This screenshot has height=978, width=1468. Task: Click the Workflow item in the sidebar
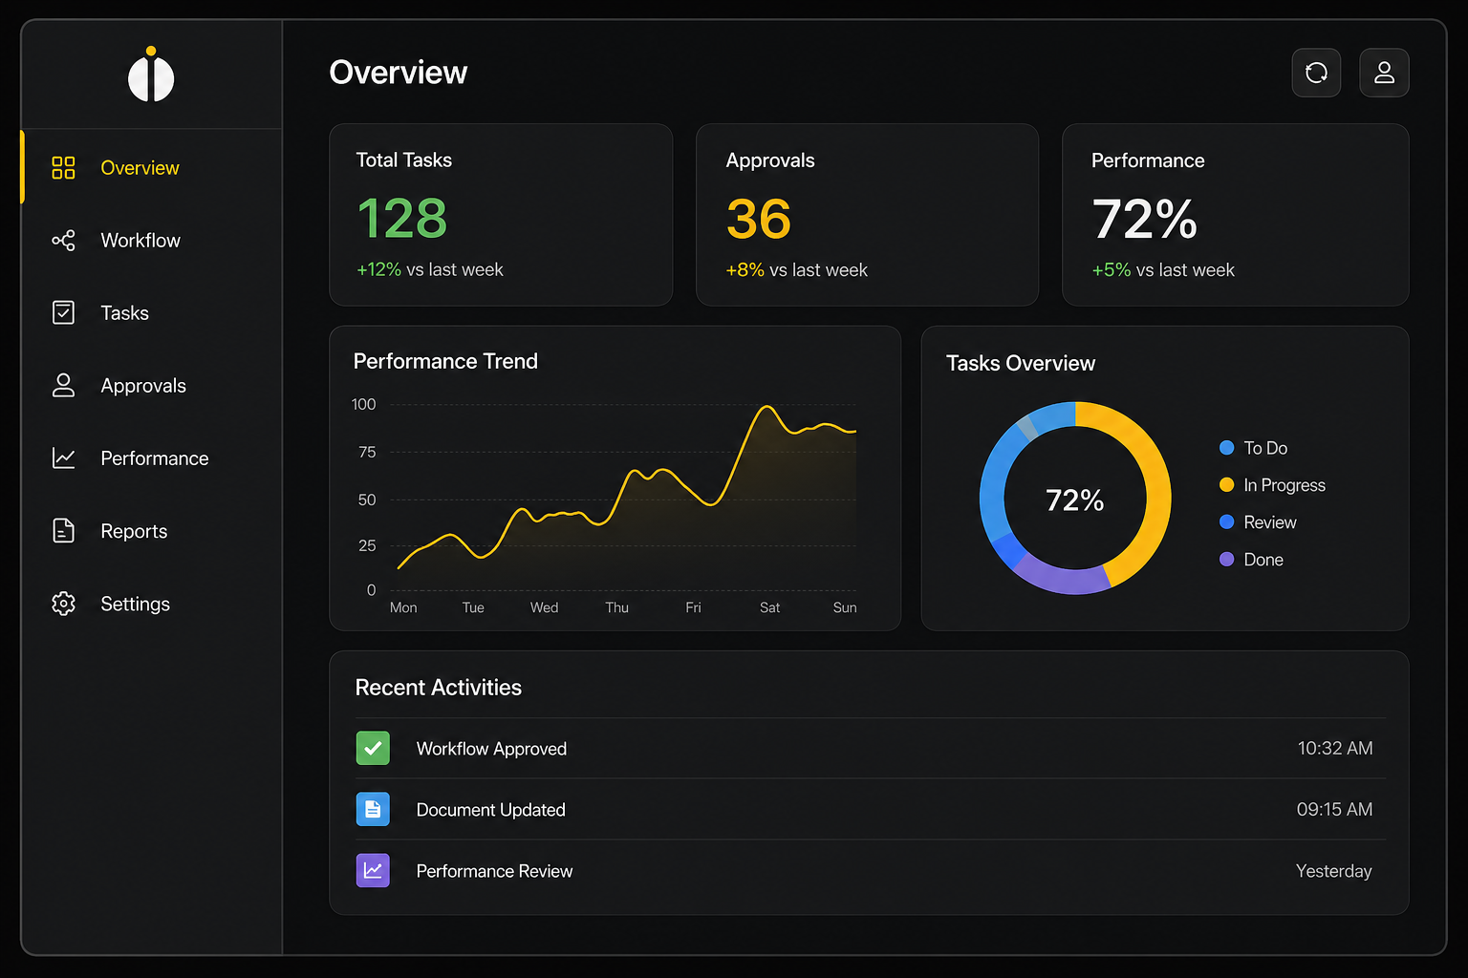click(140, 241)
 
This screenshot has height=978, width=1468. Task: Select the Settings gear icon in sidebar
click(63, 604)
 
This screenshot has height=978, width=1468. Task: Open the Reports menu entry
click(133, 531)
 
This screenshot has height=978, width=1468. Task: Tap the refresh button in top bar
click(1316, 73)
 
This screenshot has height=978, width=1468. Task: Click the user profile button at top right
click(1384, 73)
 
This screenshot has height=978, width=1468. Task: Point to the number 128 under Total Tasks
click(402, 219)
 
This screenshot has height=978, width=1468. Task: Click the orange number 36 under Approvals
click(759, 220)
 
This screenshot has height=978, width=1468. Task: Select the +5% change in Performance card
click(1111, 270)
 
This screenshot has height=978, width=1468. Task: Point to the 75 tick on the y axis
click(367, 452)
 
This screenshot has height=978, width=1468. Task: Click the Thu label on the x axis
click(616, 607)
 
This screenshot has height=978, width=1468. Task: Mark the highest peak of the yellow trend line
click(766, 407)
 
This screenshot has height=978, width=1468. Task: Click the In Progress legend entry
click(1284, 485)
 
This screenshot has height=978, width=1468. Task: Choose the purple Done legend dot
click(1227, 560)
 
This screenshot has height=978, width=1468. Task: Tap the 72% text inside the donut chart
click(1075, 500)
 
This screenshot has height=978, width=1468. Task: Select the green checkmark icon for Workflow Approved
click(373, 748)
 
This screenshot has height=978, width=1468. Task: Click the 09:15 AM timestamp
click(1334, 809)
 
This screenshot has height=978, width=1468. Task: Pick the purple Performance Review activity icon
click(373, 870)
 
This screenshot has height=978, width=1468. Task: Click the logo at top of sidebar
click(151, 75)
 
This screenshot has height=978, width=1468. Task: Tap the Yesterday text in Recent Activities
click(1333, 871)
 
